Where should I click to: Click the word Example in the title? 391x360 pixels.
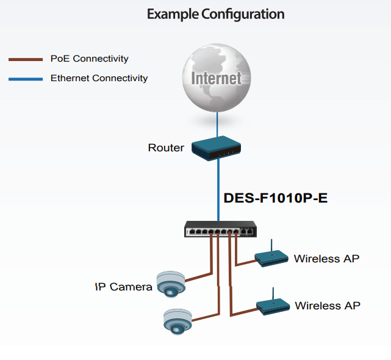click(173, 13)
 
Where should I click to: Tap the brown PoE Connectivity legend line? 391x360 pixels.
click(25, 59)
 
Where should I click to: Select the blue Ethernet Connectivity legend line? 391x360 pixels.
click(25, 79)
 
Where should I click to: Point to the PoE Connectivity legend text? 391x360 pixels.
click(89, 59)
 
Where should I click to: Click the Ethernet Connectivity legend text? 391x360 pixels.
click(99, 78)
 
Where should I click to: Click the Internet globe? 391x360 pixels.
click(216, 79)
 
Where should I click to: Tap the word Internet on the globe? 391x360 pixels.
click(216, 78)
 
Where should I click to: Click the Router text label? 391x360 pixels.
click(166, 148)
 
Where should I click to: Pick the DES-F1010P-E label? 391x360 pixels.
click(276, 198)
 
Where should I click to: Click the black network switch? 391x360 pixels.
click(221, 229)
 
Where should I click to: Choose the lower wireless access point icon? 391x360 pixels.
click(272, 304)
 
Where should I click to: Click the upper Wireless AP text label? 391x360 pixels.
click(326, 259)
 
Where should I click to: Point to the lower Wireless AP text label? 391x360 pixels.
click(328, 305)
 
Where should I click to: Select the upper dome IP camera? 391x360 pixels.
click(170, 284)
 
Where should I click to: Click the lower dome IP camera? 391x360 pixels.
click(177, 321)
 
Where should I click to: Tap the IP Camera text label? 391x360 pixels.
click(123, 287)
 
